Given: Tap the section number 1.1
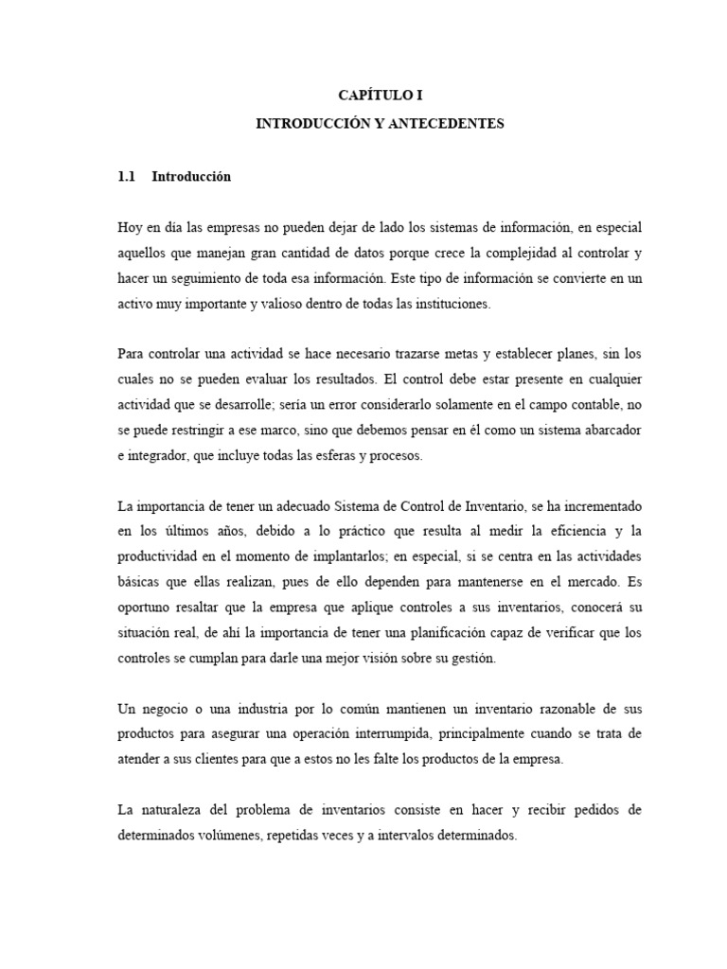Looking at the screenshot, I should [x=127, y=176].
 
